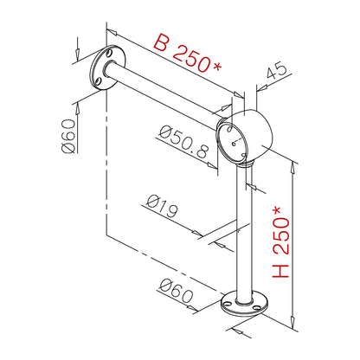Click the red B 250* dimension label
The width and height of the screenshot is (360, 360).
click(188, 53)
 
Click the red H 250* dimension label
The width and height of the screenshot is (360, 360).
click(280, 241)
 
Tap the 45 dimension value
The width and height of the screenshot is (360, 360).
click(277, 70)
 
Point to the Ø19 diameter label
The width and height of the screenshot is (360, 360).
click(162, 206)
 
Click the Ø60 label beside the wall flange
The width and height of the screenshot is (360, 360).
click(68, 136)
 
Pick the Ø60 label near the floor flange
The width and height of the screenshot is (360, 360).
click(176, 291)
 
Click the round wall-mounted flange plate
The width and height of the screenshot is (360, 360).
click(107, 68)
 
